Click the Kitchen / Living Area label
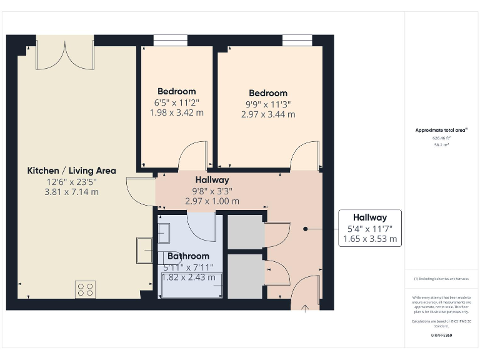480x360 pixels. [x=71, y=171]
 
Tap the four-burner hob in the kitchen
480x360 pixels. [x=86, y=289]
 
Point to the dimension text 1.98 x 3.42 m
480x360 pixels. [x=176, y=113]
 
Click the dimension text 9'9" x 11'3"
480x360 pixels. [x=267, y=104]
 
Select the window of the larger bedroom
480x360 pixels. [x=297, y=41]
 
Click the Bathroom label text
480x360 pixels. [x=188, y=256]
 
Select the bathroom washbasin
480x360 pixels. [x=165, y=233]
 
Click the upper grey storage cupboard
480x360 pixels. [x=244, y=232]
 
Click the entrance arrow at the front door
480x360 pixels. [x=306, y=307]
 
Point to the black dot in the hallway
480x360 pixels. [x=306, y=229]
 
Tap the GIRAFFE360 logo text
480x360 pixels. [x=442, y=336]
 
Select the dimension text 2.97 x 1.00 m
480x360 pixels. [x=212, y=201]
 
